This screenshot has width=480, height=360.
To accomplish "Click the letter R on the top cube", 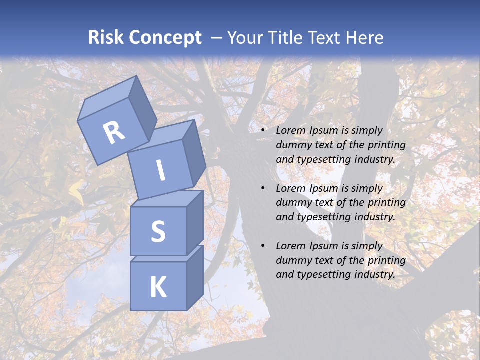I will point(114,132).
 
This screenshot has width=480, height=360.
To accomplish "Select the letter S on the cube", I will point(158,231).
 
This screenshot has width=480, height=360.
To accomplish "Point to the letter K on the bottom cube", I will point(158,287).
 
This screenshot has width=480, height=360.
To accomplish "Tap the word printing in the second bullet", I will point(387,203).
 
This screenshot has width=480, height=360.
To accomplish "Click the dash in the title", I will point(216,38).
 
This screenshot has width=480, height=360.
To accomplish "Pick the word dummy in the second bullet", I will point(293,203).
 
